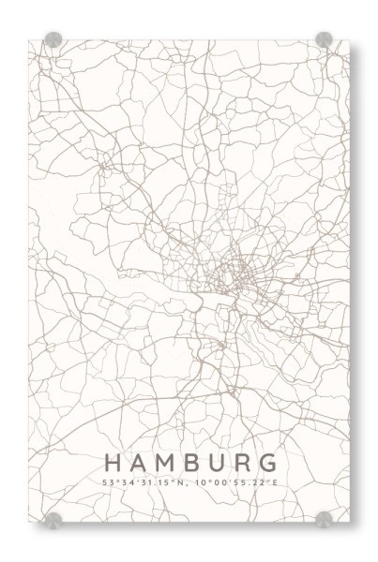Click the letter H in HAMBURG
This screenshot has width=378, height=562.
(113, 463)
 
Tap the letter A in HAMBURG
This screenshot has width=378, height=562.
(139, 463)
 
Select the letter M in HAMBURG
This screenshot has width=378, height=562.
(166, 463)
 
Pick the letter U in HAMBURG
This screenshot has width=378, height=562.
(219, 463)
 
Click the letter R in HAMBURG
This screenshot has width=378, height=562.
(244, 463)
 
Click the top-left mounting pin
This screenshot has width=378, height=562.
(53, 40)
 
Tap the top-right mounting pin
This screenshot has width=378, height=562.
(324, 40)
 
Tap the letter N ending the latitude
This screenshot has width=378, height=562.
(187, 482)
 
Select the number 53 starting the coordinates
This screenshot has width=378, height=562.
(106, 482)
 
